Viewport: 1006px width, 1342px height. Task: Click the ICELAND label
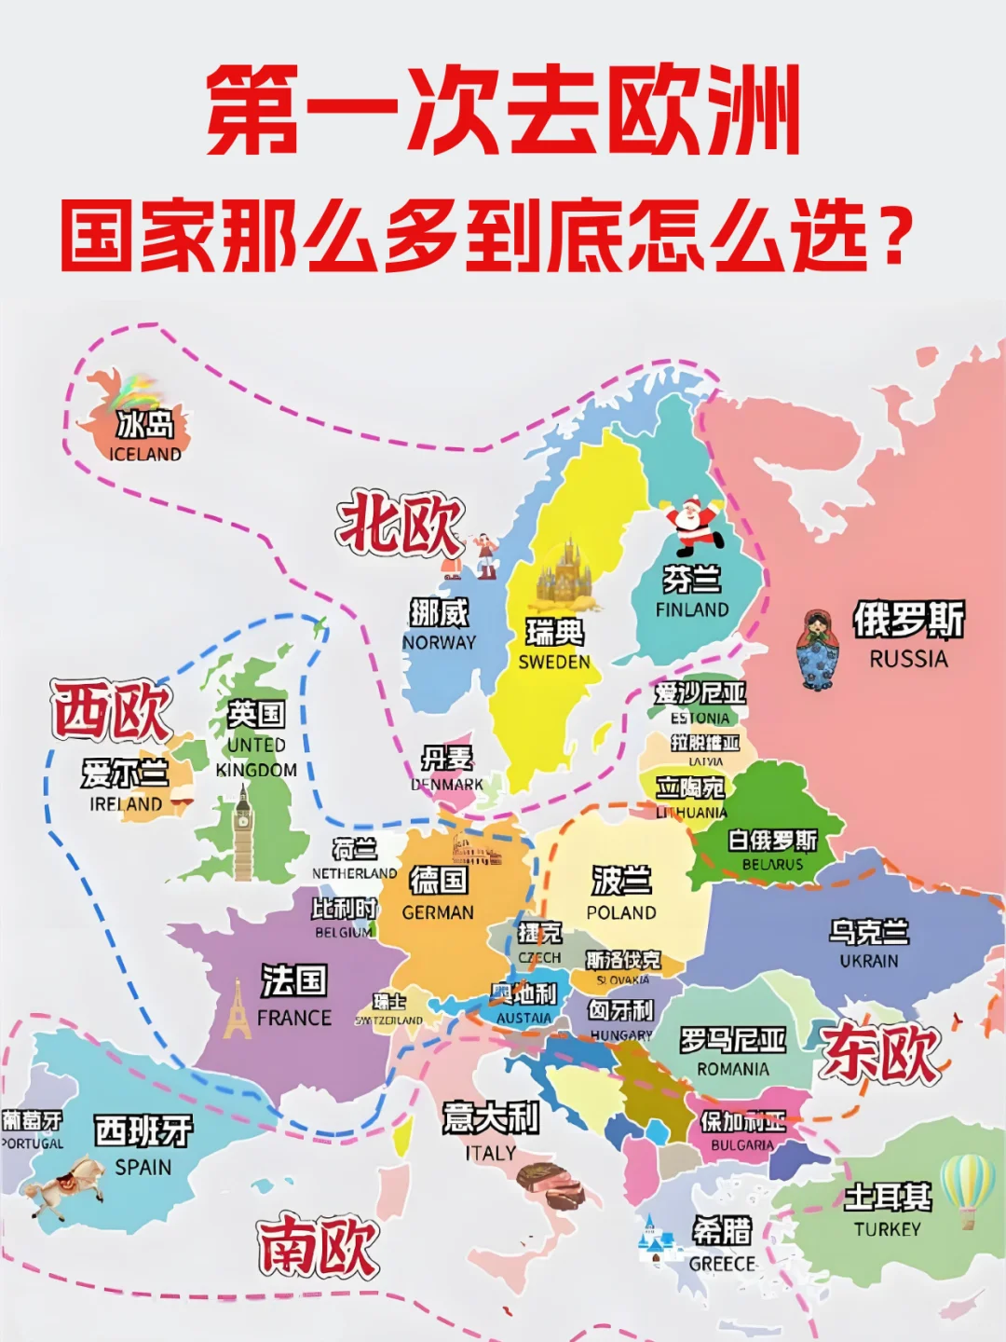click(x=145, y=454)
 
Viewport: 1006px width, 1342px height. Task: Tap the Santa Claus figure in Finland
click(x=692, y=524)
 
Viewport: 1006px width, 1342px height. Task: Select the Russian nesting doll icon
click(x=817, y=650)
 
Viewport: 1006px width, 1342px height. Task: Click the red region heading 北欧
click(x=401, y=526)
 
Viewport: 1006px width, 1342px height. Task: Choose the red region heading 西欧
click(x=112, y=710)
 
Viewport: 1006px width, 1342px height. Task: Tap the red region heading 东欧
click(x=879, y=1052)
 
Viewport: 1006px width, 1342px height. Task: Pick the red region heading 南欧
click(x=318, y=1245)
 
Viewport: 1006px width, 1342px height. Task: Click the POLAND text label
click(x=621, y=912)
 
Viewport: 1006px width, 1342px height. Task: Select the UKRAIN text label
click(x=869, y=960)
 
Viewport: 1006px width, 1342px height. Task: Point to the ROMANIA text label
click(x=733, y=1069)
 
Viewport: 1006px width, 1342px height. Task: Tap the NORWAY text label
click(x=439, y=642)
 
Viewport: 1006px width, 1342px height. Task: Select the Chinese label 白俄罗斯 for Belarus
click(x=772, y=841)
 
